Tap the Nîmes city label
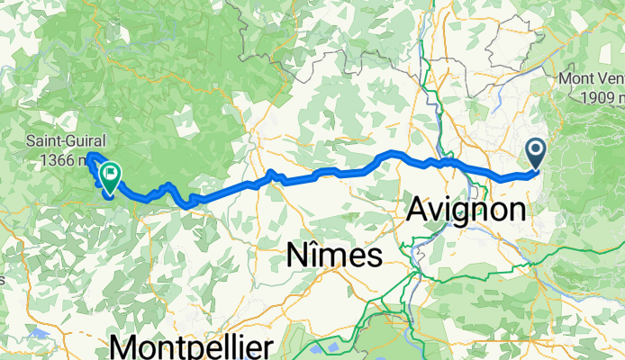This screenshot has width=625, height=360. click(x=333, y=256)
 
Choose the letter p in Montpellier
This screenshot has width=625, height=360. click(x=200, y=350)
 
